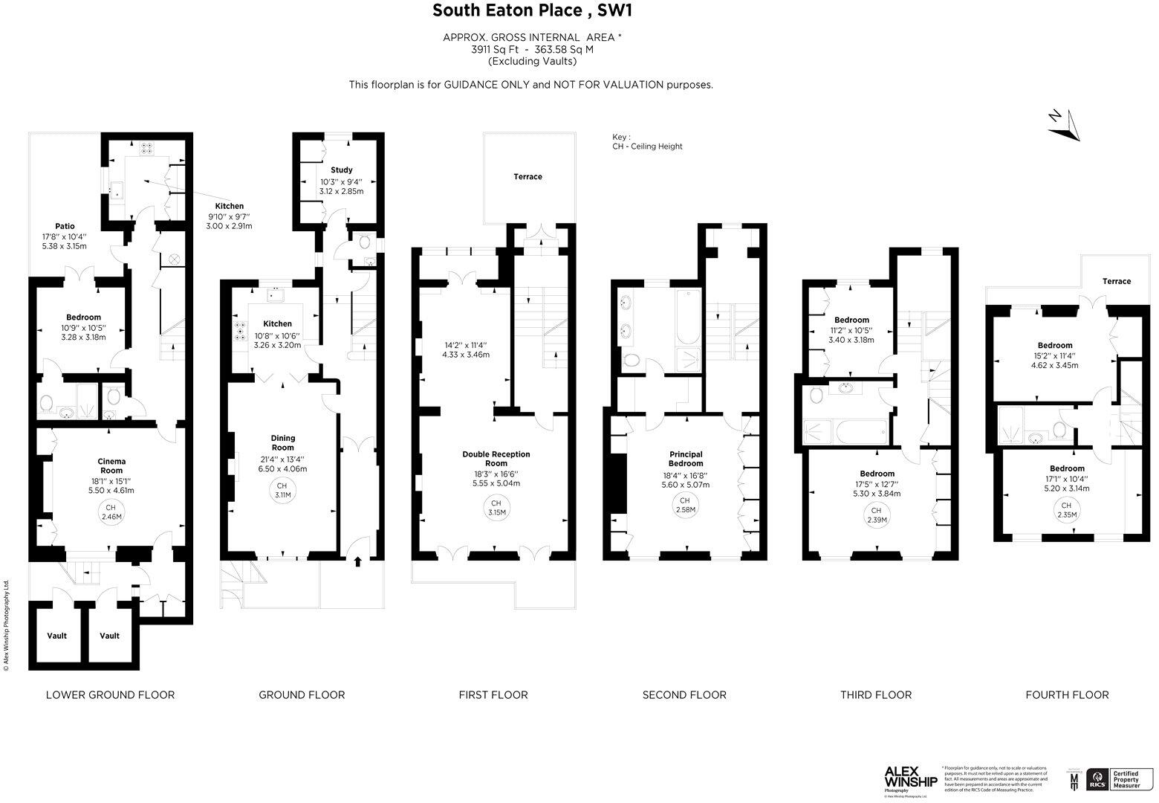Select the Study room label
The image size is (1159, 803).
click(x=341, y=170)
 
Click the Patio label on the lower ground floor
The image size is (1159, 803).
click(x=65, y=226)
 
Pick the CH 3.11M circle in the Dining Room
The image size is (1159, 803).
click(x=282, y=490)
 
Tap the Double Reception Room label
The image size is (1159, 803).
click(x=496, y=459)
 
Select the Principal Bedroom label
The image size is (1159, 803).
click(x=686, y=459)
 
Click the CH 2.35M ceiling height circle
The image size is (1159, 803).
click(x=1067, y=510)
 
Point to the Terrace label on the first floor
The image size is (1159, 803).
click(x=527, y=177)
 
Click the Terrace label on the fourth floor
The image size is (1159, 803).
click(x=1116, y=281)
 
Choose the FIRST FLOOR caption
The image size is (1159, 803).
click(x=493, y=695)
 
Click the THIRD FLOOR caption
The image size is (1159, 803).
click(x=876, y=695)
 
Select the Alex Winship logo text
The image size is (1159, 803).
click(x=910, y=777)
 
